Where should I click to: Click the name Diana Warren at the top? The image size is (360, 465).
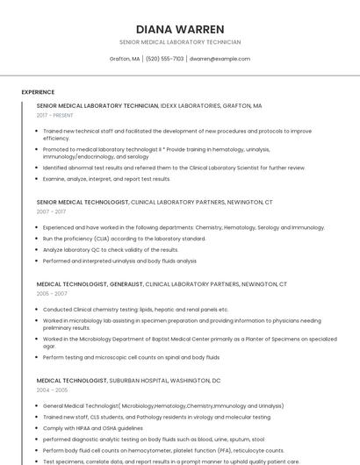coord(180,29)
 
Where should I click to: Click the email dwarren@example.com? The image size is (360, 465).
coord(220,59)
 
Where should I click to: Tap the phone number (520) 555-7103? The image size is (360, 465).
coord(165,59)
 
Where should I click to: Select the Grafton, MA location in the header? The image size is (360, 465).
coord(125,59)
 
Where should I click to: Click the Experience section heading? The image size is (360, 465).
coord(38,92)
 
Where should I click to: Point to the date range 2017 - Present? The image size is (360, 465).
coord(54,115)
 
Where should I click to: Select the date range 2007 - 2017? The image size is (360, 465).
coord(51,211)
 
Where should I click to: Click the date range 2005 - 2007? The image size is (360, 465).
coord(51,294)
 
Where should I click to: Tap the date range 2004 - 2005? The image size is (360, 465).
coord(52,390)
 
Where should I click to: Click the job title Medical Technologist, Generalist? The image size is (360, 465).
coord(90,284)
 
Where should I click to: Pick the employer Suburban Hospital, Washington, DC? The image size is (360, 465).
coord(165,381)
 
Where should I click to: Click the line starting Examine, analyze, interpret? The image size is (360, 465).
coord(106,179)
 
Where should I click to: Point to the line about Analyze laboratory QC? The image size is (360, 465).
coord(111,249)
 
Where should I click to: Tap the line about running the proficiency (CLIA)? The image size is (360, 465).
coord(119,239)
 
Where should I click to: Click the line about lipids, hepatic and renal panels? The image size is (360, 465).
coord(135,310)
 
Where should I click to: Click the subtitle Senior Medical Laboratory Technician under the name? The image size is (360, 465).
coord(180,42)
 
